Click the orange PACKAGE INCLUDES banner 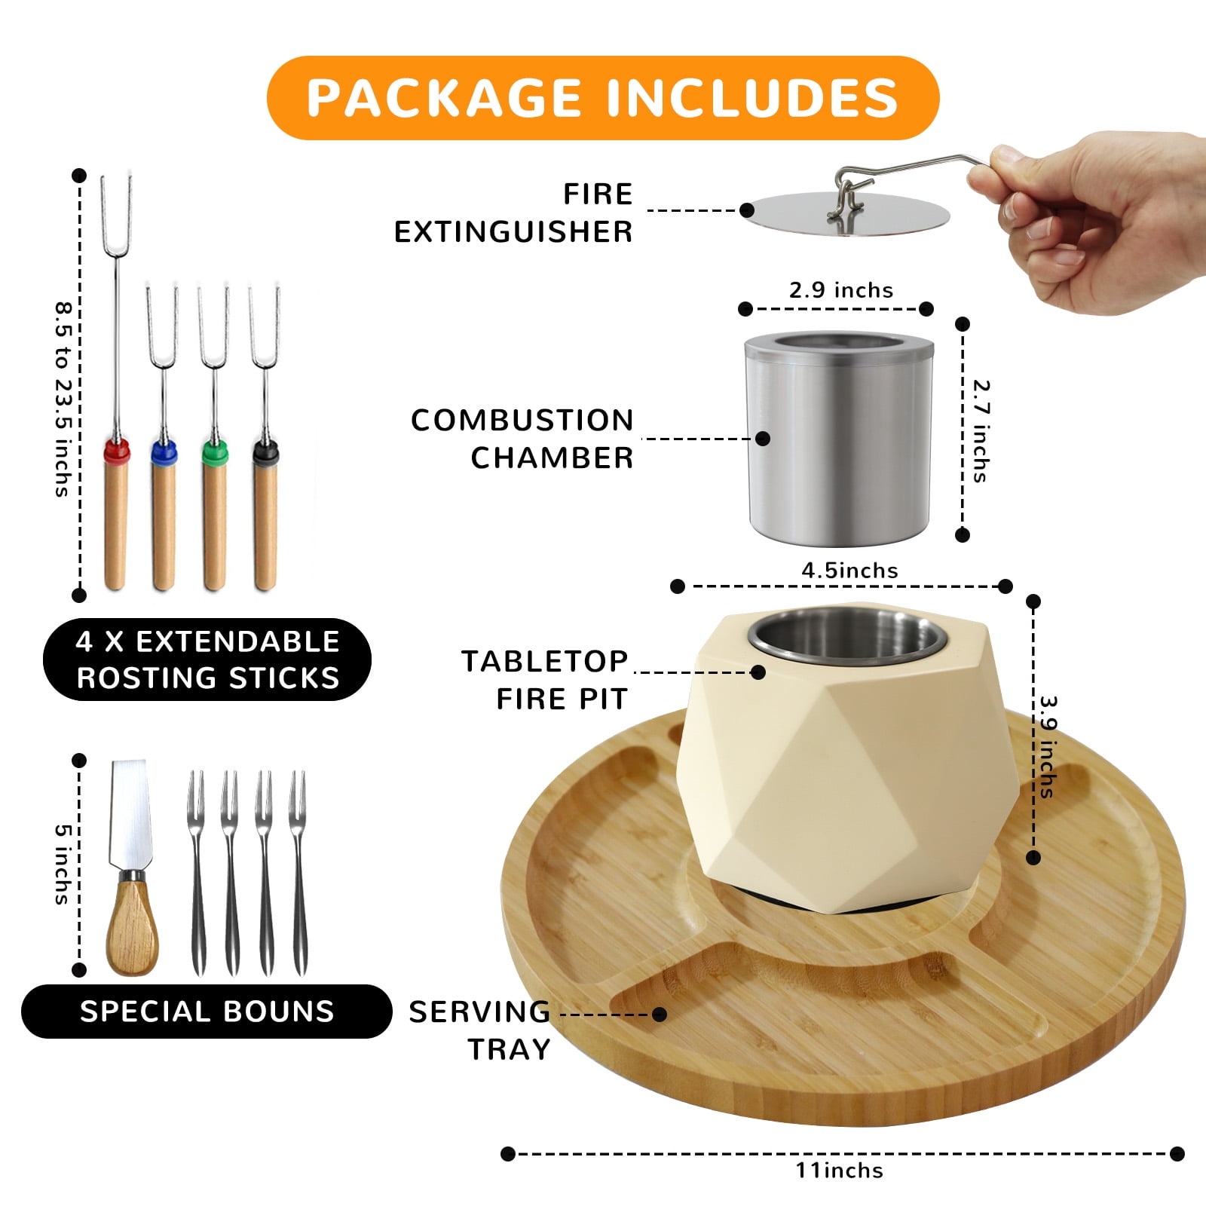tap(603, 98)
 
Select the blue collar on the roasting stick tap(164, 452)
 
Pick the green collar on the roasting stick tap(215, 452)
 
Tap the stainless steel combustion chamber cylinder tap(839, 439)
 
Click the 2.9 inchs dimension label tap(841, 290)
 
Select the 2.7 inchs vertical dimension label tap(981, 430)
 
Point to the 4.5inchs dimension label tap(849, 571)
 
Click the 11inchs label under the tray tap(840, 1171)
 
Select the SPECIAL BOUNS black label tap(207, 1011)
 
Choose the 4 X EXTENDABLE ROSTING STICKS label tap(207, 660)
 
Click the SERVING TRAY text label tap(480, 1030)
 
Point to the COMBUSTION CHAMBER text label tap(522, 439)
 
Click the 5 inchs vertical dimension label tap(63, 864)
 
